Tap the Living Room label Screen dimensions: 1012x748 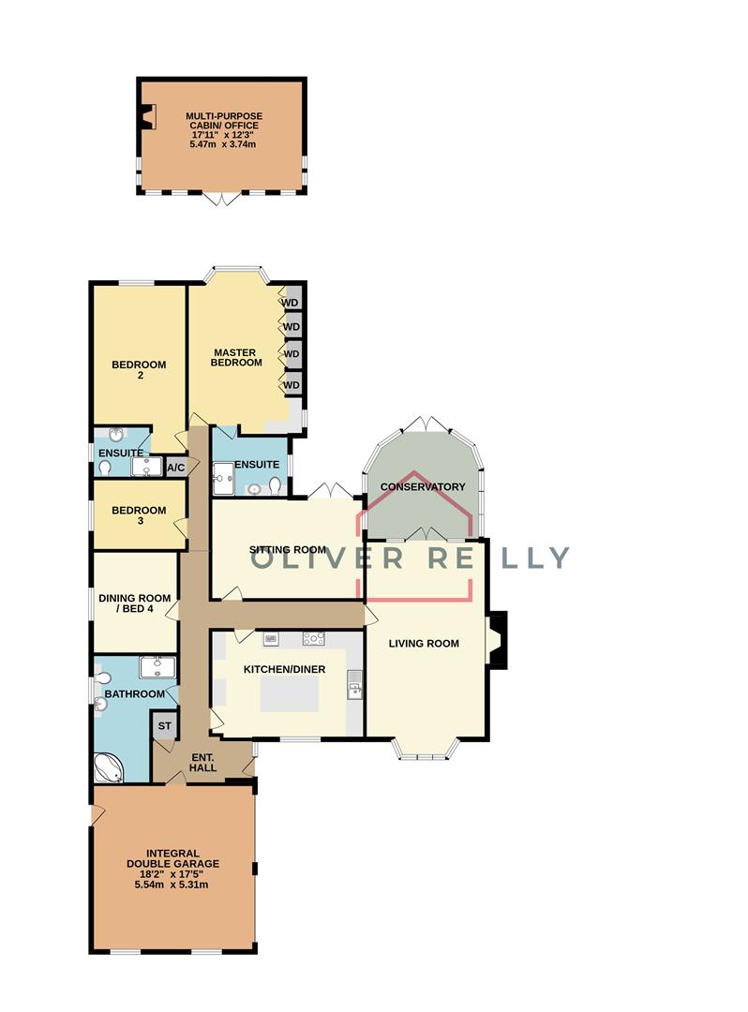(x=426, y=644)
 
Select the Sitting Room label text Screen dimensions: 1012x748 (x=287, y=550)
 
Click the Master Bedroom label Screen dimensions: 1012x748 (x=236, y=358)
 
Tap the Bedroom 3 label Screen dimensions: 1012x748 (x=139, y=516)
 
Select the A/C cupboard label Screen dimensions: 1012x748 (x=175, y=467)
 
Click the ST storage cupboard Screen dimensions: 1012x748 (x=164, y=726)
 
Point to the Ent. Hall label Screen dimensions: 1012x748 (x=202, y=762)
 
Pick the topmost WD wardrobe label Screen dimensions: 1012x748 (x=292, y=303)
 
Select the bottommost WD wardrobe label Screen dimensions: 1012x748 (x=292, y=385)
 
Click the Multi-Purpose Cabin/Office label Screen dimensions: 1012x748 (x=222, y=119)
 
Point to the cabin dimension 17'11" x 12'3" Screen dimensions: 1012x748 (x=222, y=135)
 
